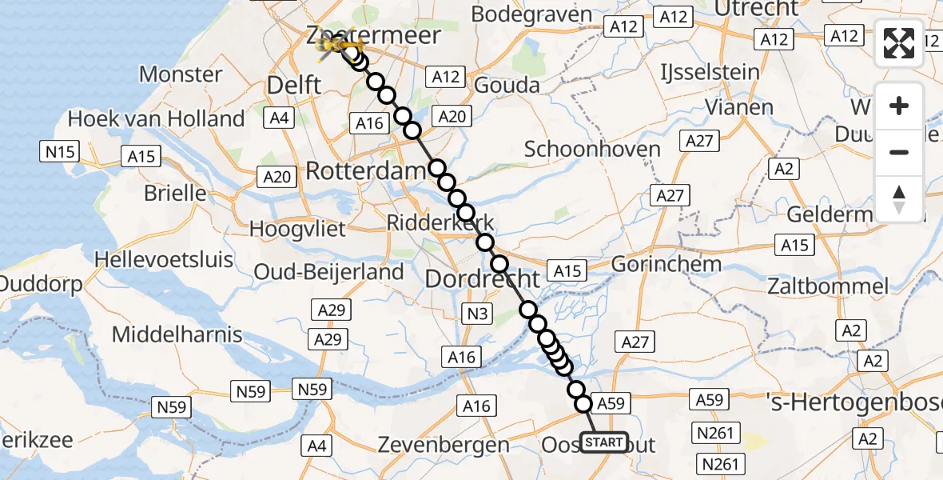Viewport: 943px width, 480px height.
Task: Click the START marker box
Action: coord(604,442)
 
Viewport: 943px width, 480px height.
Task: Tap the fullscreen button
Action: coord(899,42)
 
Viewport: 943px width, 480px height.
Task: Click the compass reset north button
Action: coord(899,199)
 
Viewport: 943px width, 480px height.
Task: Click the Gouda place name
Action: coord(507,85)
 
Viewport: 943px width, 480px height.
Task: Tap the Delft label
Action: coord(294,85)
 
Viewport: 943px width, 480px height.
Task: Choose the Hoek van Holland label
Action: coord(156,119)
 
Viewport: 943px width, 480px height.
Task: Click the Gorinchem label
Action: coord(666,264)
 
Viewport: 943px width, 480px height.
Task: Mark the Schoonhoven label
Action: coord(592,149)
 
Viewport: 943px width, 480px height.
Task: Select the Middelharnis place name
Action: coord(177,334)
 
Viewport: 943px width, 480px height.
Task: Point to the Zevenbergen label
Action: coord(443,445)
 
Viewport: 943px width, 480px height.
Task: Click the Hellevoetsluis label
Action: coord(164,259)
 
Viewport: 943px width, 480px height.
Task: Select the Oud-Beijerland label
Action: coord(328,271)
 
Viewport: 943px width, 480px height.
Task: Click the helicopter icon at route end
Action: coord(336,47)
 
